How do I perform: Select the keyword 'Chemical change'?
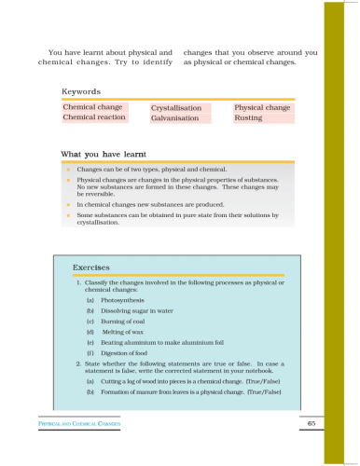pyautogui.click(x=92, y=108)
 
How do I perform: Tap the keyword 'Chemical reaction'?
pyautogui.click(x=95, y=118)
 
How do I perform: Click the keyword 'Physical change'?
pyautogui.click(x=262, y=108)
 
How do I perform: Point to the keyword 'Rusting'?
pyautogui.click(x=248, y=118)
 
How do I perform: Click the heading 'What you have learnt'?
pyautogui.click(x=105, y=154)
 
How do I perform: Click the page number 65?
pyautogui.click(x=310, y=424)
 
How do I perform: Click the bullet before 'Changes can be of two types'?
pyautogui.click(x=68, y=171)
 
